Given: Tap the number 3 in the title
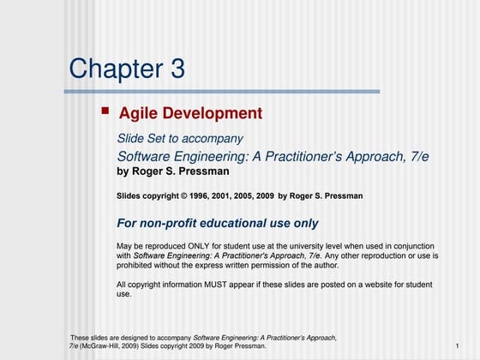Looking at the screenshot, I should [177, 69].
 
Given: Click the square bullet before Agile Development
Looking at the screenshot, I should [105, 111].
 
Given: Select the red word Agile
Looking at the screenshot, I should [136, 113].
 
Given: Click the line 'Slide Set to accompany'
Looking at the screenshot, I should [180, 139].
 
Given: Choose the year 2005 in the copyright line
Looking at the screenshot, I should [256, 196].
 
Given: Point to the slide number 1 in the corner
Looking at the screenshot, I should [458, 346].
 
